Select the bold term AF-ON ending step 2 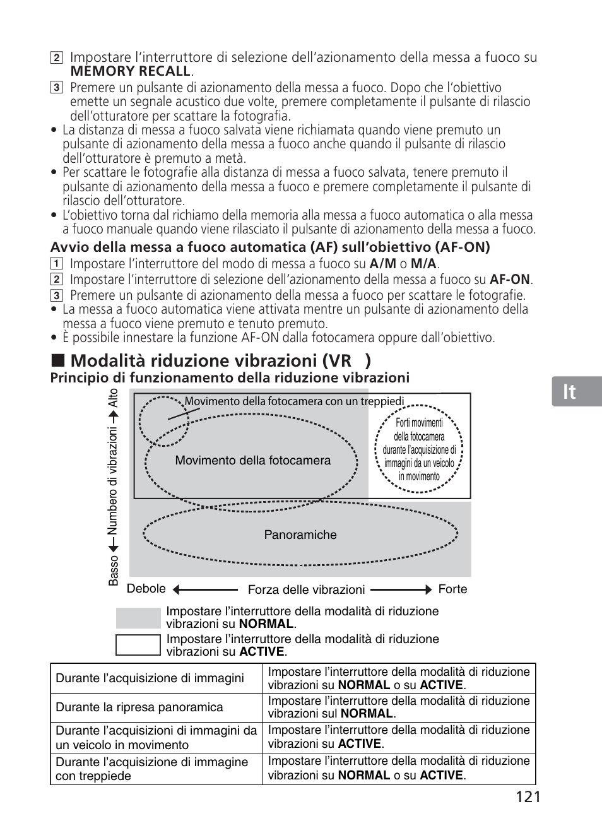point(510,280)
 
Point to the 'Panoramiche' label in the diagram point(300,535)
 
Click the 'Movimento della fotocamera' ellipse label point(252,461)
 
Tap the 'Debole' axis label point(146,589)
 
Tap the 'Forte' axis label point(452,589)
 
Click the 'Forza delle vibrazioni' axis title point(306,590)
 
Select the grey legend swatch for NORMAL point(138,618)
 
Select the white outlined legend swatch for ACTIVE point(138,645)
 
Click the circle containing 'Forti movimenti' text point(418,449)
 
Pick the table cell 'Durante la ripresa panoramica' point(139,707)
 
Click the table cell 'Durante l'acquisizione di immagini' point(150,678)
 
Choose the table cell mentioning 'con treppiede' point(151,769)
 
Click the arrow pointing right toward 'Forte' point(401,590)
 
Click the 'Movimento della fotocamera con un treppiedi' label point(294,401)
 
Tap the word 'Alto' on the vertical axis point(113,398)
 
